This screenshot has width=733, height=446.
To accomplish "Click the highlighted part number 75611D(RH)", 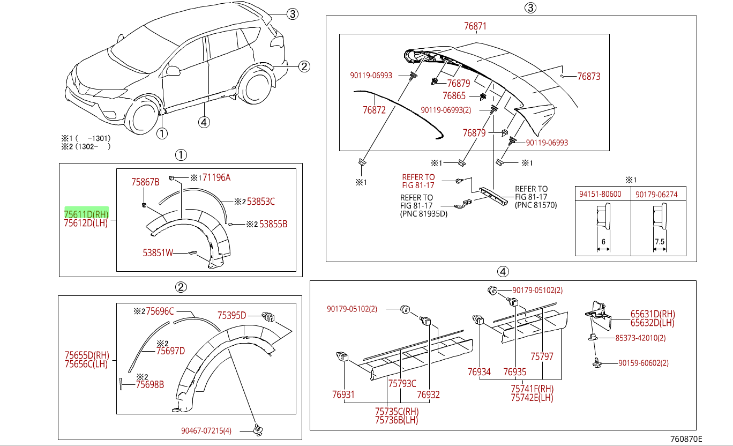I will click(86, 213).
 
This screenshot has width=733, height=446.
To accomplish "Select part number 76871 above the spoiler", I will click(475, 26).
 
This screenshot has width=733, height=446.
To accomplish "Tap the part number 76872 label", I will click(374, 110).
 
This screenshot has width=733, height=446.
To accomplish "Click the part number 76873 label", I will click(588, 77).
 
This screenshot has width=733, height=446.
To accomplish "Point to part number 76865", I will click(454, 96).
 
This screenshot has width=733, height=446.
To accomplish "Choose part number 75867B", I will click(145, 182).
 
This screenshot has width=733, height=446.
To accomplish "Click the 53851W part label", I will click(158, 252).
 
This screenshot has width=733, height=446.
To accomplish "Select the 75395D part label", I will click(231, 315).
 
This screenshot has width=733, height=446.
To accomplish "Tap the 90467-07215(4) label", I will click(206, 430).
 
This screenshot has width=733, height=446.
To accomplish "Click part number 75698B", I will click(150, 384).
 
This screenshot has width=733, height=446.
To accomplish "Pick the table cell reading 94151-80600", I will click(600, 194).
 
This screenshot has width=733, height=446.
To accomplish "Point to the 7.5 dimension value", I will click(659, 242).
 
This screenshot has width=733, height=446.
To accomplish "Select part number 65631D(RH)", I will click(652, 314).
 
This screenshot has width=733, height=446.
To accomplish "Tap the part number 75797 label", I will click(542, 356).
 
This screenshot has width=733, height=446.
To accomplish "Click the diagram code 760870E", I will click(686, 439).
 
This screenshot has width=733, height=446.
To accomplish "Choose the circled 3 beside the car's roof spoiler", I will click(291, 14).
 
